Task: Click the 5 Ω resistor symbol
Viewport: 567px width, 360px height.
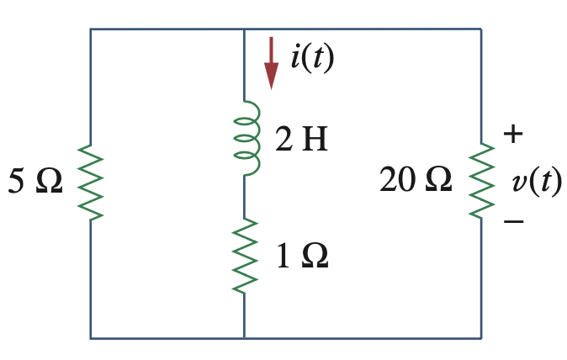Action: [91, 182]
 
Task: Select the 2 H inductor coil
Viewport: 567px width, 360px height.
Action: [244, 138]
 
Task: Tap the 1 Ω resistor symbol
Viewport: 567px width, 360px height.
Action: [244, 256]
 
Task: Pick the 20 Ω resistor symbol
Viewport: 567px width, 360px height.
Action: [481, 182]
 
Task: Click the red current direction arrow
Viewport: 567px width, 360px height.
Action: [271, 63]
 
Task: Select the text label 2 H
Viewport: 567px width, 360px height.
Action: [301, 140]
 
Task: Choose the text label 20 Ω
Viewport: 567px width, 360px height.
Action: [416, 180]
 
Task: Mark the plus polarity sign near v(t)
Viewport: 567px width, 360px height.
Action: [513, 134]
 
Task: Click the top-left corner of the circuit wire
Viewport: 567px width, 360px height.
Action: [91, 29]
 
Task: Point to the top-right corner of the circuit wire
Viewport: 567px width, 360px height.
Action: [481, 29]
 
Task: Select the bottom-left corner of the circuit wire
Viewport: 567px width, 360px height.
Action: [91, 338]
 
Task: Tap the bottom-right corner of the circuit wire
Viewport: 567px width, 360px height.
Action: [481, 338]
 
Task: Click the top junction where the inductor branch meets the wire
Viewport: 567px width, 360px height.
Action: [244, 29]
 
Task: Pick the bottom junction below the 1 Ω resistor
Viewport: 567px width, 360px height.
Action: [244, 338]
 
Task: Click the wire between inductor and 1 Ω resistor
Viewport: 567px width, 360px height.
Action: [244, 198]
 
